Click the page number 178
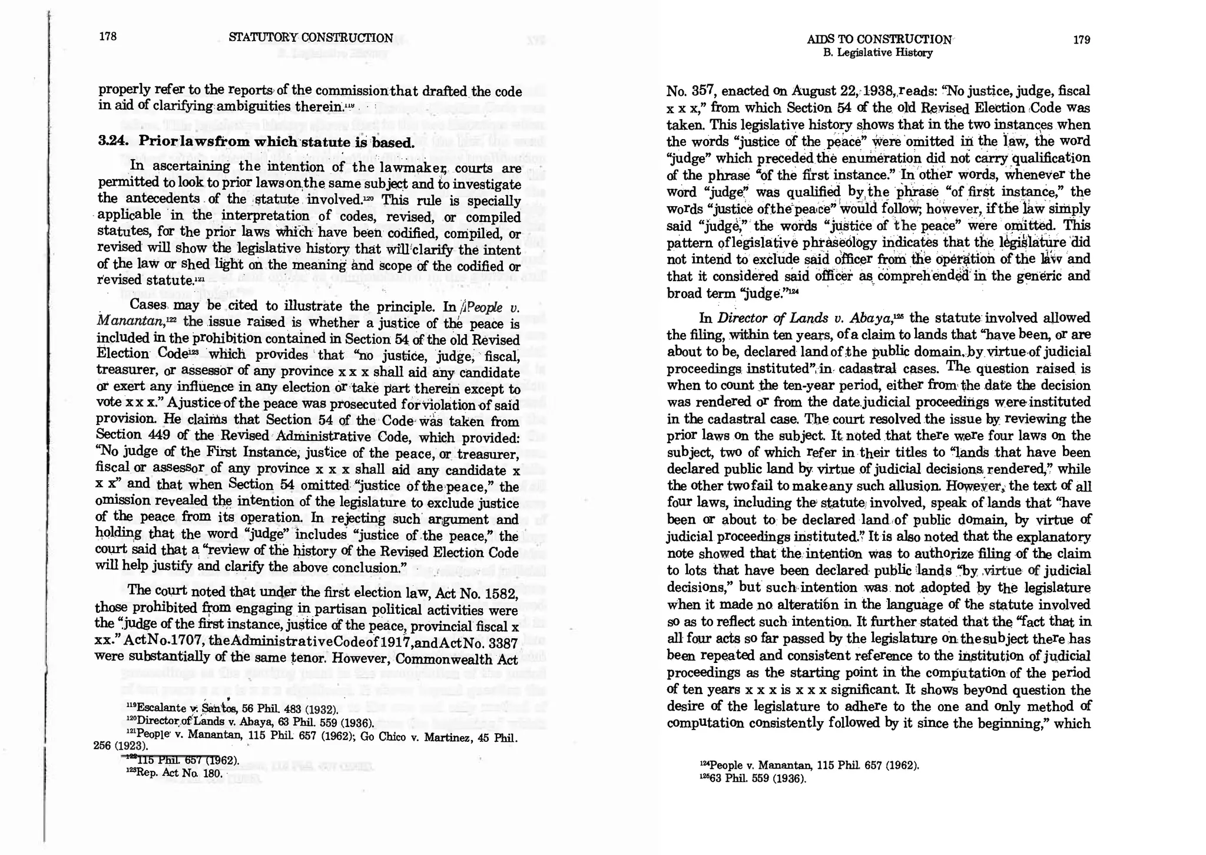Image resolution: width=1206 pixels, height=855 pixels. tap(108, 37)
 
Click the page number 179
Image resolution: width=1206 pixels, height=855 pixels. tap(1081, 40)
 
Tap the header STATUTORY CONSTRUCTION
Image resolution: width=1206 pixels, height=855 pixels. tap(310, 38)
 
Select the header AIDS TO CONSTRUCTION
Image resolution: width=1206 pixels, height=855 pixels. tap(879, 40)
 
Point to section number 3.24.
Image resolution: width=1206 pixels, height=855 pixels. tap(114, 141)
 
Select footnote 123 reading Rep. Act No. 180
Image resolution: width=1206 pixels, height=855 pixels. tap(175, 773)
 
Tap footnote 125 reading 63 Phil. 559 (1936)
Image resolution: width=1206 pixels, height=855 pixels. tap(752, 778)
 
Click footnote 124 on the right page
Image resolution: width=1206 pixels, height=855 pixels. tap(810, 765)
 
